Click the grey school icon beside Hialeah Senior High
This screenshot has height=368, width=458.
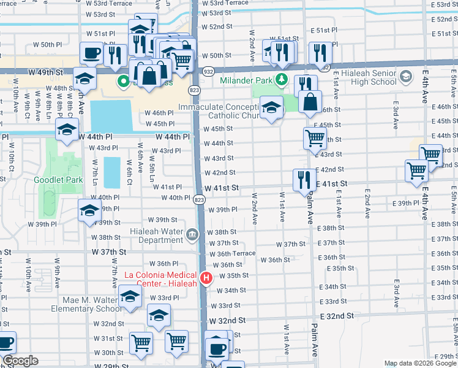tap(405, 77)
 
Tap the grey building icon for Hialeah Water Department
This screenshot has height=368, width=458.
tap(192, 234)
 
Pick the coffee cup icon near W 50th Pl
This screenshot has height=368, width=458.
tap(91, 52)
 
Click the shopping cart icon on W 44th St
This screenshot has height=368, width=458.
tap(315, 139)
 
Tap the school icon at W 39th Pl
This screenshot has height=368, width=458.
tap(90, 210)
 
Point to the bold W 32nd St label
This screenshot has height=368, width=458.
tap(227, 321)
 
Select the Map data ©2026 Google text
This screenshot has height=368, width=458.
tap(420, 363)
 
